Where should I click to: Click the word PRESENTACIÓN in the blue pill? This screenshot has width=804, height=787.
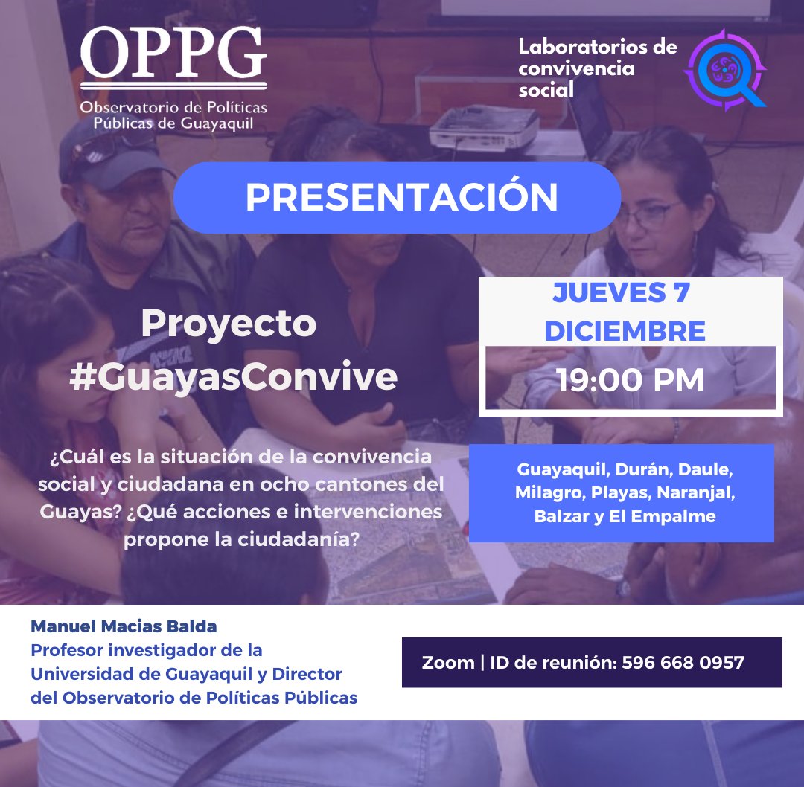(401, 197)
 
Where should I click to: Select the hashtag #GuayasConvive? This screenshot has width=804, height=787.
(233, 377)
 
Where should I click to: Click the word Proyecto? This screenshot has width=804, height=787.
(229, 324)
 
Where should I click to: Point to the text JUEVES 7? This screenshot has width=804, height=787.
(621, 293)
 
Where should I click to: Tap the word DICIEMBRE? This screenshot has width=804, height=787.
(625, 332)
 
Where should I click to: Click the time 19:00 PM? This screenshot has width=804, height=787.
(631, 379)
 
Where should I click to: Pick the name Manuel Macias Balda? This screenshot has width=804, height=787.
(124, 626)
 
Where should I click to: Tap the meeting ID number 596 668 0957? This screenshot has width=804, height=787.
(683, 662)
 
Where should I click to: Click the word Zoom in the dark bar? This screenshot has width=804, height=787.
(447, 662)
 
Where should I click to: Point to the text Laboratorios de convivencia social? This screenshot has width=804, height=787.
(597, 68)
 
